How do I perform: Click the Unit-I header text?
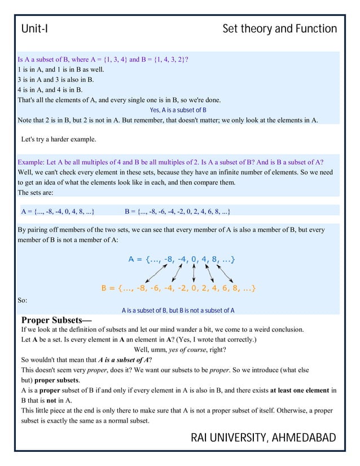coord(34,29)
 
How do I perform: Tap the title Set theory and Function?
coord(279,29)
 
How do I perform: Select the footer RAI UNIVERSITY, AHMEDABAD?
coord(264,438)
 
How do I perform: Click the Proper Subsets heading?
coord(56,320)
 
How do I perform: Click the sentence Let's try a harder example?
coord(58,139)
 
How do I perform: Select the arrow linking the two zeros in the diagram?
coord(194,274)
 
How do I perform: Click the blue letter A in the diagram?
coord(131,260)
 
